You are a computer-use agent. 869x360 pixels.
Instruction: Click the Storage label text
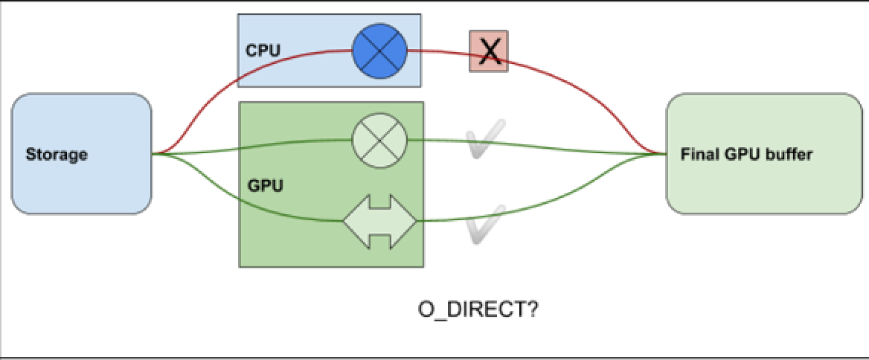coord(57,155)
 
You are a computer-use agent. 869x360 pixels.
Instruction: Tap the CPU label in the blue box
coord(258,51)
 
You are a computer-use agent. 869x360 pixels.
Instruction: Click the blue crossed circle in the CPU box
coord(379,51)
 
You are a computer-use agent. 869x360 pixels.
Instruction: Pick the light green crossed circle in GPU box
coord(379,139)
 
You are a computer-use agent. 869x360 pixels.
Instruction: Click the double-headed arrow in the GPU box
coord(379,221)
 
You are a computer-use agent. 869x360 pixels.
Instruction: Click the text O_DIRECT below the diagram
coord(469,309)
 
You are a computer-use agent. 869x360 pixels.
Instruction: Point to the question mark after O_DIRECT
coord(532,309)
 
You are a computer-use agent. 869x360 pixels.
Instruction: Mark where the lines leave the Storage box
coord(153,154)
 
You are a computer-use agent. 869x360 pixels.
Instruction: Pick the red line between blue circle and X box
coord(439,52)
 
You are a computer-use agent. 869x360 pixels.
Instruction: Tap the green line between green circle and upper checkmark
coord(439,141)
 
